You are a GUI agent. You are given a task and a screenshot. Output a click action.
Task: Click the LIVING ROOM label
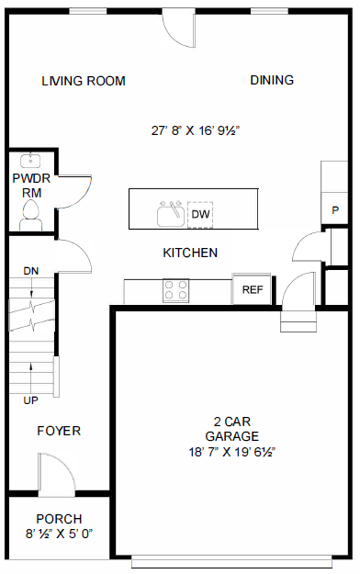[x=84, y=81]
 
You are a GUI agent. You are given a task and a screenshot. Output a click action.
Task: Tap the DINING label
[x=272, y=80]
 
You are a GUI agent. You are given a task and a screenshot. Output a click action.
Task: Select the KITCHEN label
[x=190, y=253]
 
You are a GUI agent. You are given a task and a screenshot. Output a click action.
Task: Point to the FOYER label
[x=59, y=431]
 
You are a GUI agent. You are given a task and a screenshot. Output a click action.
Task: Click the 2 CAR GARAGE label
[x=231, y=429]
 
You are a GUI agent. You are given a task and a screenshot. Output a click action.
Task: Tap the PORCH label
[x=59, y=518]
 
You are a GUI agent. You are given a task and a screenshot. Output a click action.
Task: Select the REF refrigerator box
[x=253, y=289]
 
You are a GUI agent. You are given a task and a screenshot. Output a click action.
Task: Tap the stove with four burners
[x=176, y=291]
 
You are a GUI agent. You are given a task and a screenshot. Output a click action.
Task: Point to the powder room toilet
[x=30, y=215]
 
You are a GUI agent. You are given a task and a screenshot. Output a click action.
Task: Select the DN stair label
[x=31, y=270]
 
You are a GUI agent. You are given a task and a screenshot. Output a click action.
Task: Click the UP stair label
[x=31, y=400]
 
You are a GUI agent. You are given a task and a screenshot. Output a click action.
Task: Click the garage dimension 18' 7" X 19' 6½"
[x=232, y=451]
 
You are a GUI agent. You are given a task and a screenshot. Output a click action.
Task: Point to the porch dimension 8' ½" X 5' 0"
[x=59, y=534]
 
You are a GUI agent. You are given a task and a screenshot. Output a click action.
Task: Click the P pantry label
[x=335, y=210]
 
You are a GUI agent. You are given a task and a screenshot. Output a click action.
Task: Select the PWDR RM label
[x=27, y=185]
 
